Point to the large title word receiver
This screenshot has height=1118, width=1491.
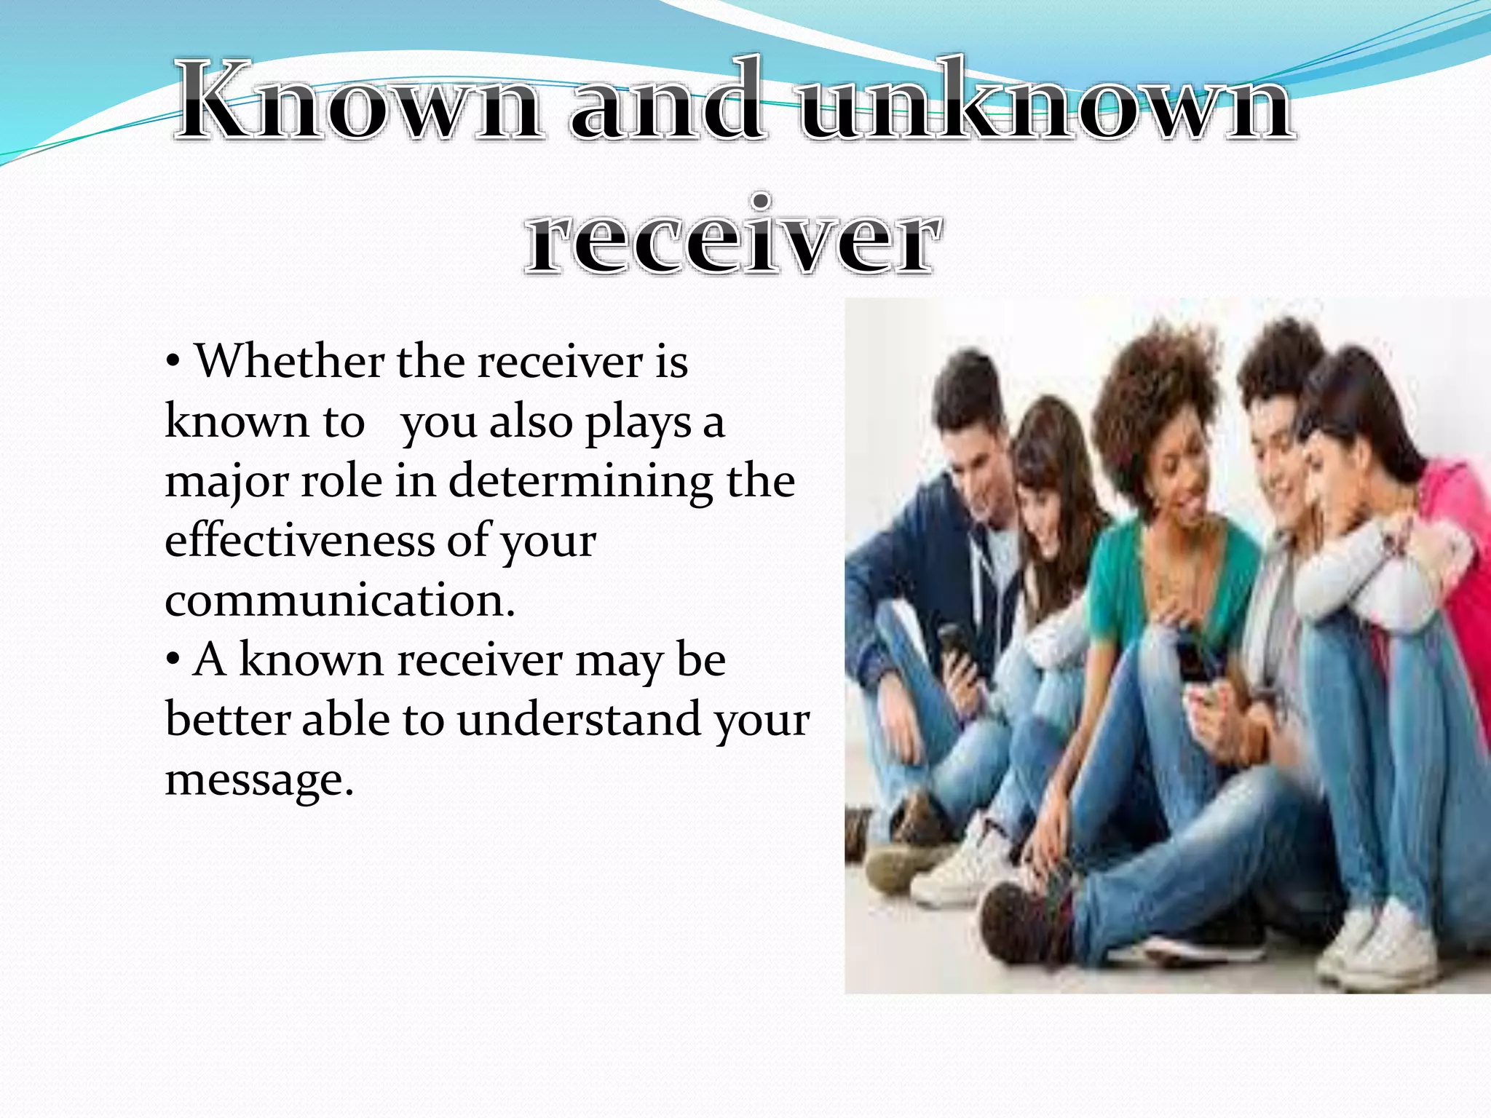point(730,237)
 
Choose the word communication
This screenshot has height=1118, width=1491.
point(340,601)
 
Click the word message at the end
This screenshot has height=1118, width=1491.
point(258,780)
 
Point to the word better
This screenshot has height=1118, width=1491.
point(226,720)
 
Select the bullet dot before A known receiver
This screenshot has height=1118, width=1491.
point(173,661)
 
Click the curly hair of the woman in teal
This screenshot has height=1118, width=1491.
point(1150,393)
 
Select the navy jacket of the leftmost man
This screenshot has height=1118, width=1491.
point(903,553)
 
